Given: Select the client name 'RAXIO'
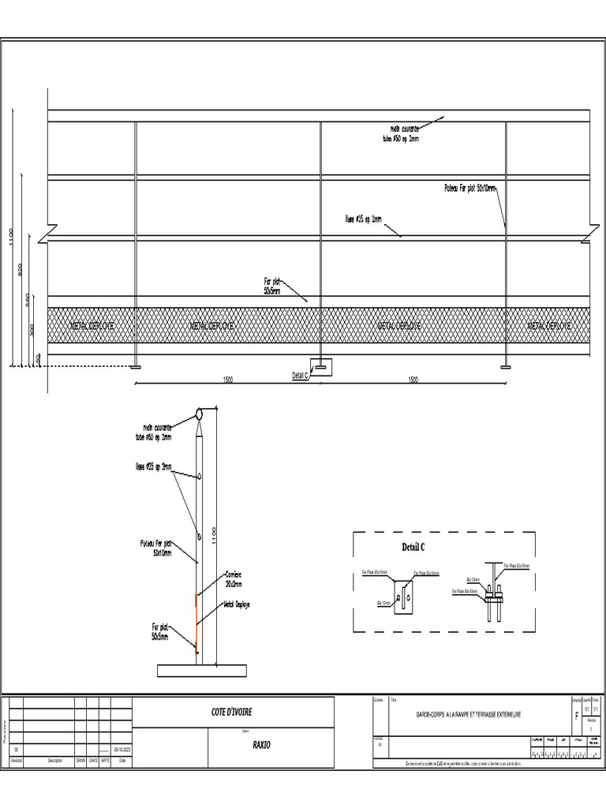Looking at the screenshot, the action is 261,744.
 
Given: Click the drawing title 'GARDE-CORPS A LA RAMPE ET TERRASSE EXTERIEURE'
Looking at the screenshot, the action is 469,715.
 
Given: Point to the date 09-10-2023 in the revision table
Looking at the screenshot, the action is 122,750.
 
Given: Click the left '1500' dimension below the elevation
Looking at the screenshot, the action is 227,380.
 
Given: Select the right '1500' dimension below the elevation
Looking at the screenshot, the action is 413,380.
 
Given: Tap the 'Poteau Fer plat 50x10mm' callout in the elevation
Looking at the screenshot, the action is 469,189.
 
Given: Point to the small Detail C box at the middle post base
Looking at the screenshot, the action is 321,367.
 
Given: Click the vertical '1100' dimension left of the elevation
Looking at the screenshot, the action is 11,237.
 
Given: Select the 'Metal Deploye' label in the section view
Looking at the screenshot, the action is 237,604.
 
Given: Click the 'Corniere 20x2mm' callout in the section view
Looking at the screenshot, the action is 234,579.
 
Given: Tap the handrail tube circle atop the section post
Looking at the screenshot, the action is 200,413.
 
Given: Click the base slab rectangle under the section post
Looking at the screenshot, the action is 199,671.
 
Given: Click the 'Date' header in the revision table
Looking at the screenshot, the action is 122,761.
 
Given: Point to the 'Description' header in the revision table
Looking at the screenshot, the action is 54,761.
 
